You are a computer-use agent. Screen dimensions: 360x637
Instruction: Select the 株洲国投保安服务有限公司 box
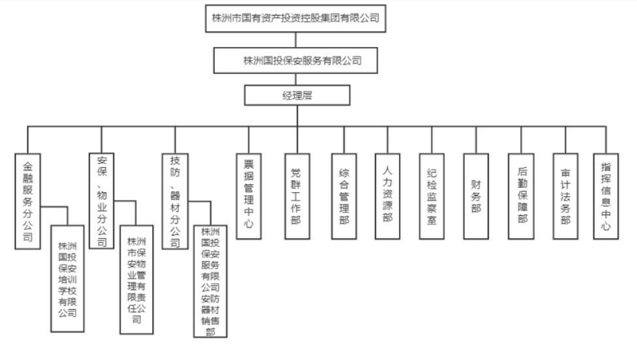pos(295,59)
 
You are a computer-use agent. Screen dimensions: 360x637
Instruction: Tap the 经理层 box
pos(295,96)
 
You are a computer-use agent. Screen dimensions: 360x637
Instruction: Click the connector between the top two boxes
pos(295,39)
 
